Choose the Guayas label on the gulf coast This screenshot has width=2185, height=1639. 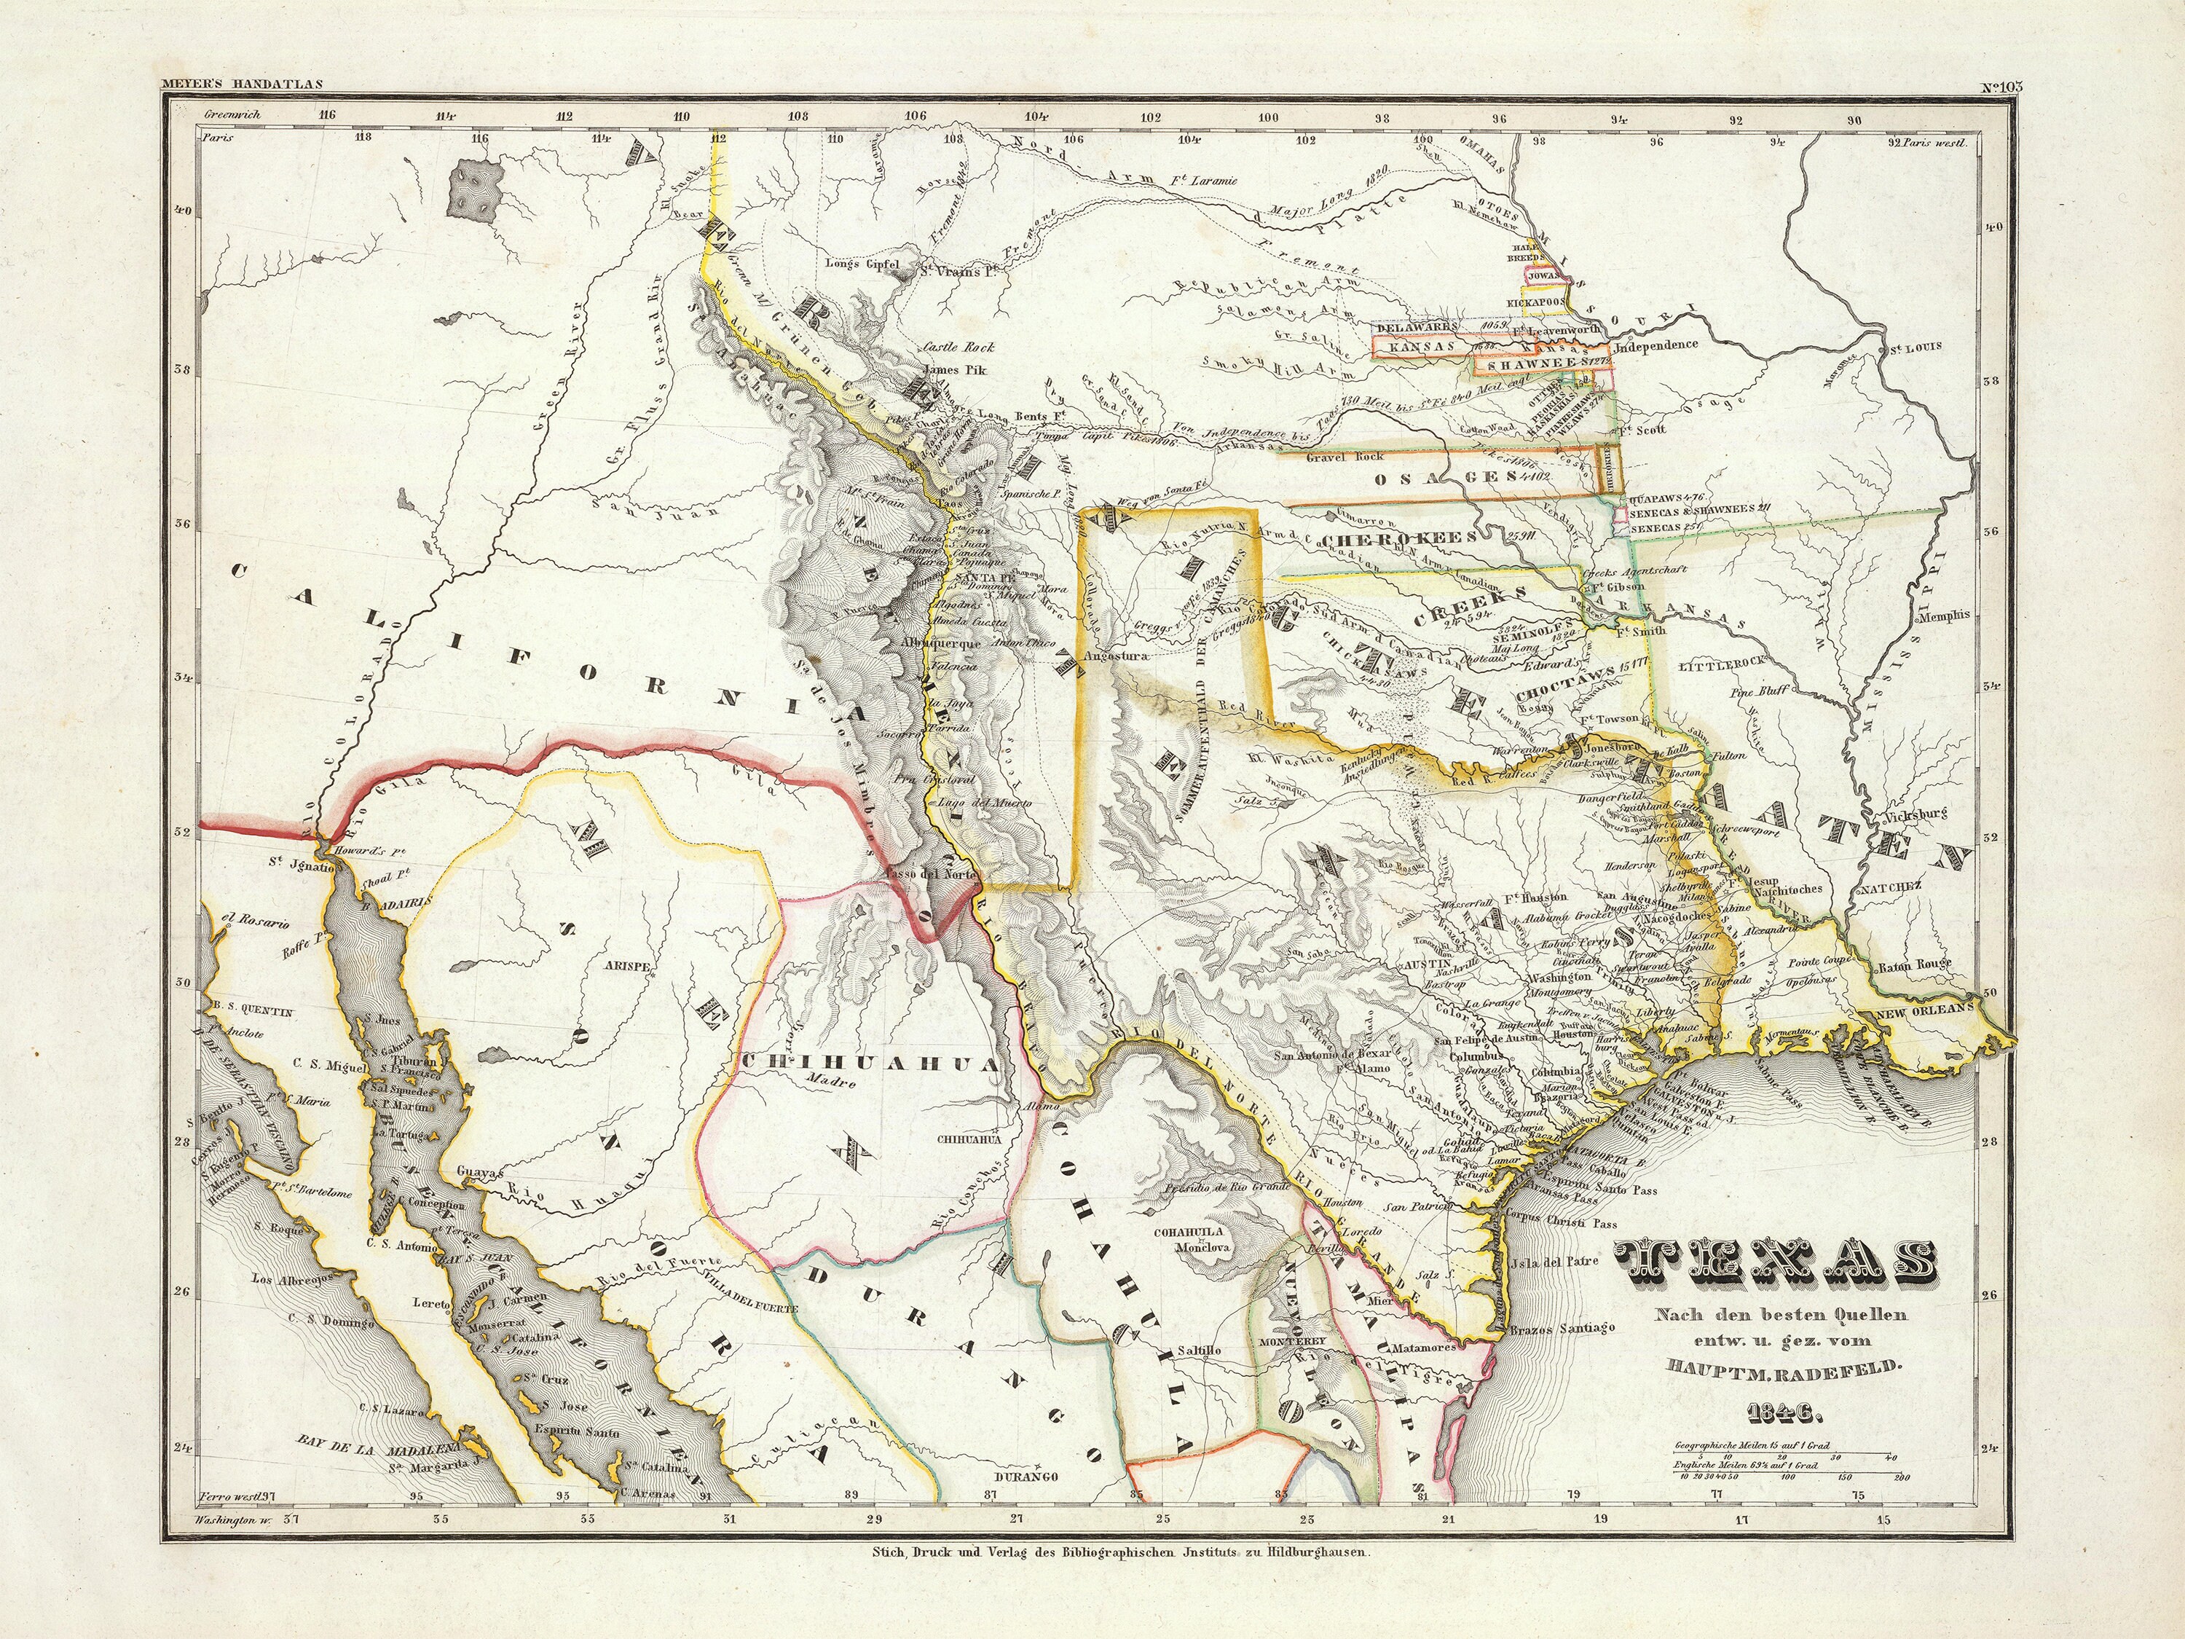(x=481, y=1171)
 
